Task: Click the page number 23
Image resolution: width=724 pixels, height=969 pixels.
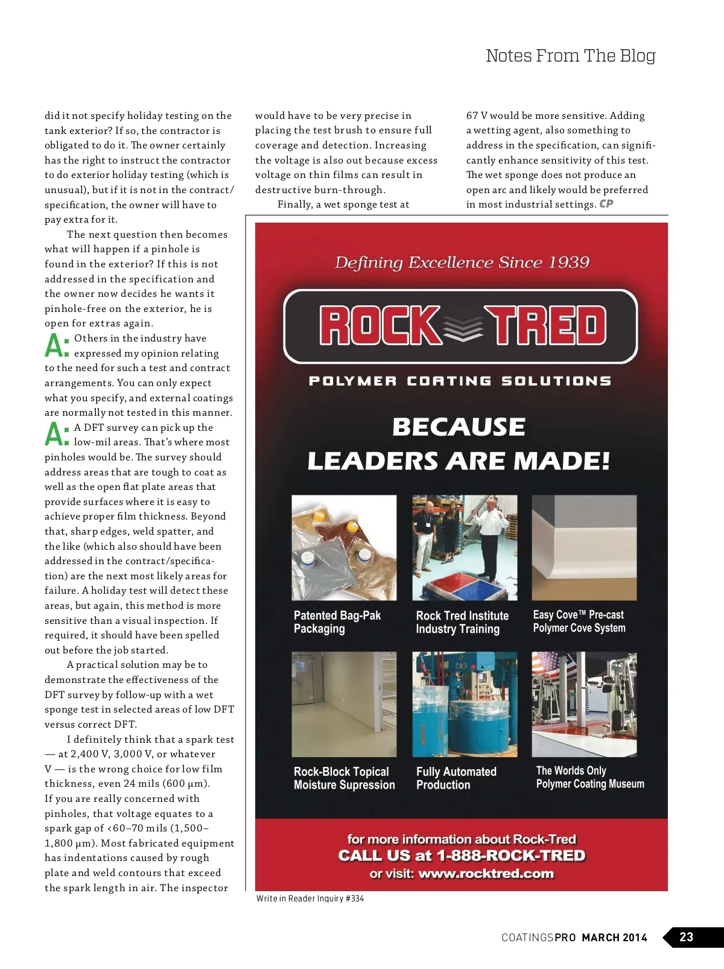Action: click(686, 936)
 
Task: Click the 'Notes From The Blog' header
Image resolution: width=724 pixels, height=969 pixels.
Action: click(570, 56)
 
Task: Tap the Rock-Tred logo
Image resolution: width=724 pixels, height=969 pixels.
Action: click(460, 326)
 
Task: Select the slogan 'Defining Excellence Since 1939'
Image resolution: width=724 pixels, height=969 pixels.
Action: click(462, 262)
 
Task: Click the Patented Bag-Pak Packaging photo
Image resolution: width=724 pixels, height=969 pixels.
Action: click(344, 547)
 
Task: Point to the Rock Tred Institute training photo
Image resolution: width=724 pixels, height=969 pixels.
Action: click(465, 547)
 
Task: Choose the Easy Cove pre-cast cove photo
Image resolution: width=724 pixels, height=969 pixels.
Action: click(584, 547)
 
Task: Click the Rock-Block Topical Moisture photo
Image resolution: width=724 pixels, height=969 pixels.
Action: click(344, 704)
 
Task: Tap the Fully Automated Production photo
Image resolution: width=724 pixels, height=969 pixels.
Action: click(465, 704)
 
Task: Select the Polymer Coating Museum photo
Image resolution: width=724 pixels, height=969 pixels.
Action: click(584, 704)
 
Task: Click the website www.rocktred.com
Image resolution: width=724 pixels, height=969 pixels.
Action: click(486, 874)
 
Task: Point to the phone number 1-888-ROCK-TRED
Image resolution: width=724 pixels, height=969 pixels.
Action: click(510, 856)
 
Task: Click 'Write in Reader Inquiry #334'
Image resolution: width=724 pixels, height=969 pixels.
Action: click(310, 898)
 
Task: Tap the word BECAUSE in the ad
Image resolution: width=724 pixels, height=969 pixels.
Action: click(459, 427)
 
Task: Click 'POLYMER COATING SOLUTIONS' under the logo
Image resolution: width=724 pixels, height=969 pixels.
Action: click(460, 381)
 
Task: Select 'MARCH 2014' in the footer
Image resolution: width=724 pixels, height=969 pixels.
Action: click(614, 938)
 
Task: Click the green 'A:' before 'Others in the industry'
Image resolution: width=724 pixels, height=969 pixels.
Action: click(57, 346)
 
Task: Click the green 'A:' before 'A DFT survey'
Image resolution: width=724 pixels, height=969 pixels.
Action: click(57, 434)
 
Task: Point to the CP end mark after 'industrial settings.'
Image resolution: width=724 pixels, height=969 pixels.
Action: click(606, 204)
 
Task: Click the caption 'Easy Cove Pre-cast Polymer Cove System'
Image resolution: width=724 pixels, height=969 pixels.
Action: click(579, 621)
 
